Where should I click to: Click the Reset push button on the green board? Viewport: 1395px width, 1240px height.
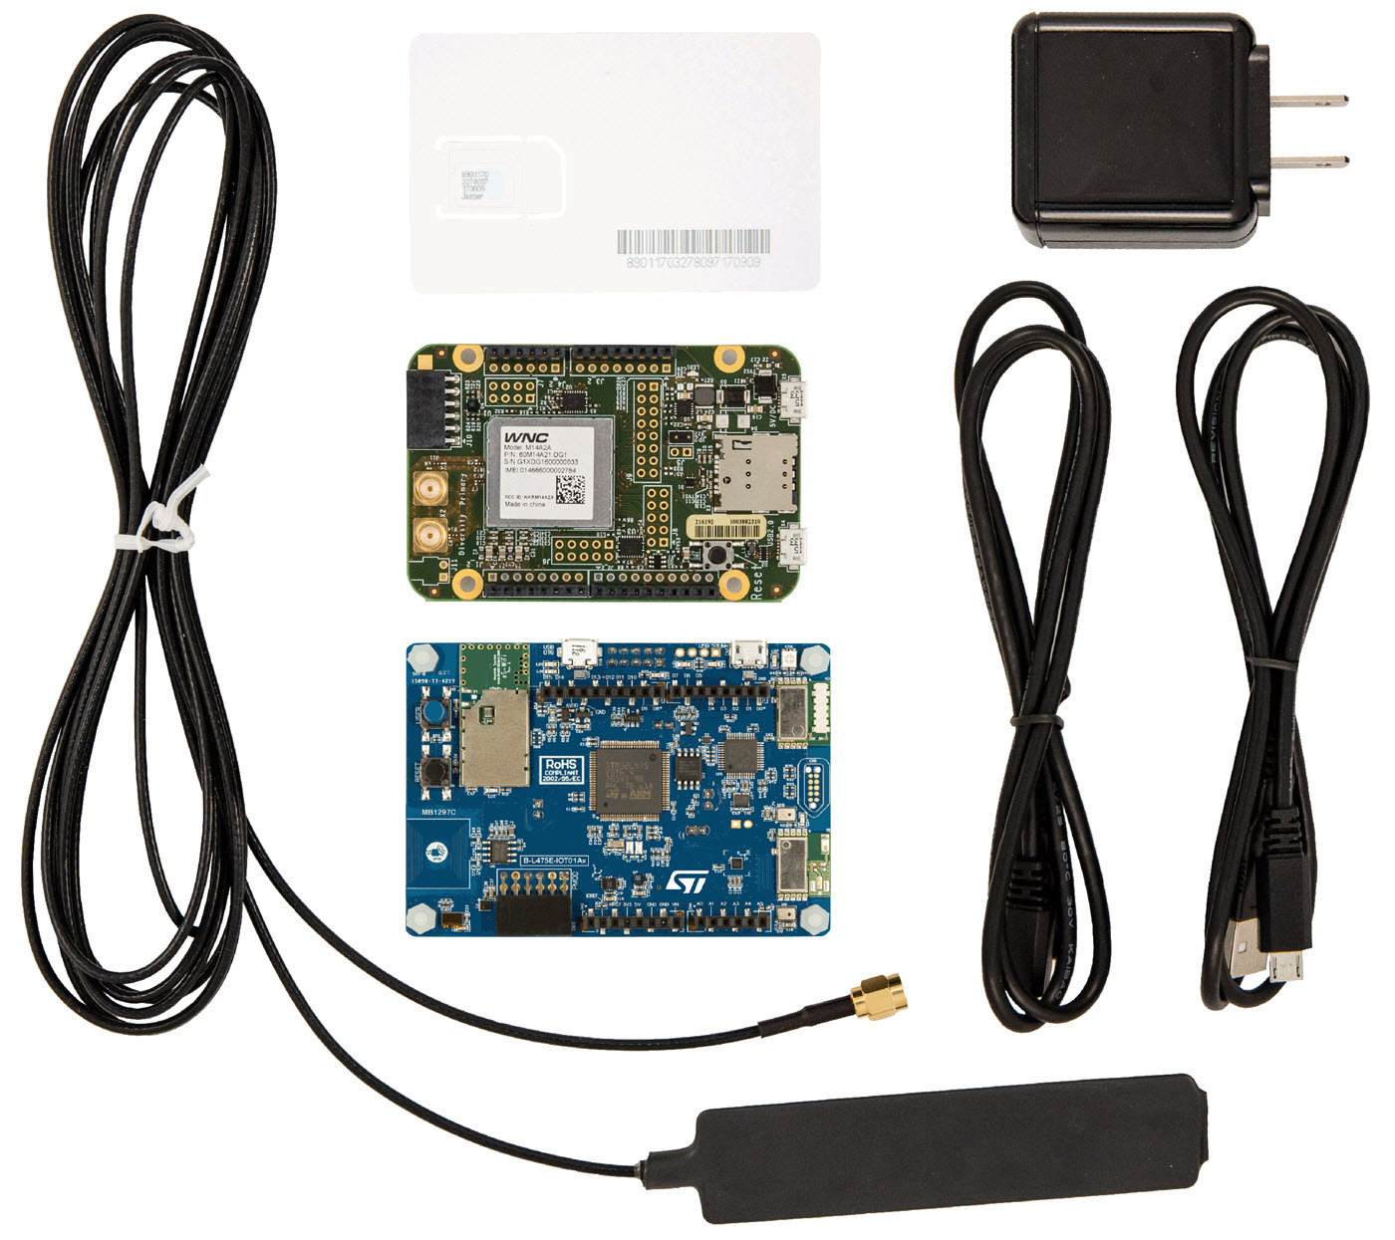tap(715, 557)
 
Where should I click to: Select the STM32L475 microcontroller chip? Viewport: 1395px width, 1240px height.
tap(626, 783)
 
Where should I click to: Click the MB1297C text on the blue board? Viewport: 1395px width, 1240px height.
tap(438, 812)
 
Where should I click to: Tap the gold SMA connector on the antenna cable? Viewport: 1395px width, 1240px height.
tap(875, 999)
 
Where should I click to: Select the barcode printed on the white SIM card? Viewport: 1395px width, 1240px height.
tap(693, 240)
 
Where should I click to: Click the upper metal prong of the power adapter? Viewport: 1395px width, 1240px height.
tap(1313, 100)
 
